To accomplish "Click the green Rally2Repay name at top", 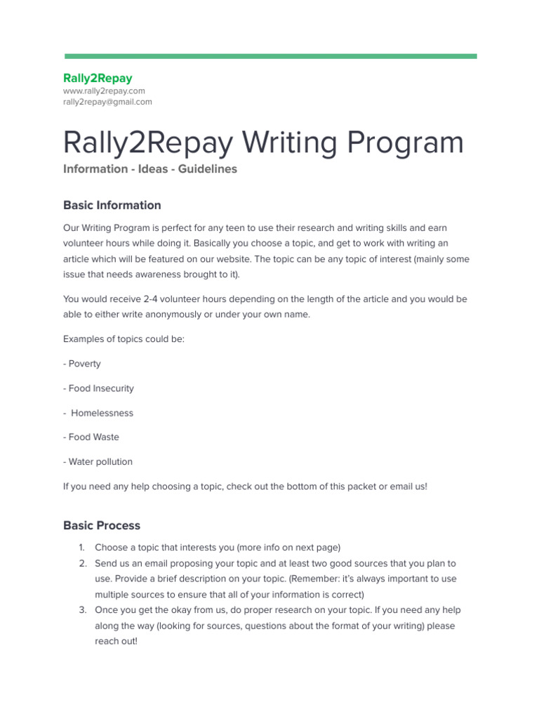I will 98,78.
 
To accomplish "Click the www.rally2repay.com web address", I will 104,91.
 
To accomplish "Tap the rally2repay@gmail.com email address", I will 107,102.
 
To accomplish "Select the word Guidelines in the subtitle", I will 207,169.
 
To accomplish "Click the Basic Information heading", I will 112,205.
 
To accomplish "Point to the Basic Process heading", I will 102,525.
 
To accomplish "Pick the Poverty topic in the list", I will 84,364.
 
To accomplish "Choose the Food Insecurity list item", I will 100,388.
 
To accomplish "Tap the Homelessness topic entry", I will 102,413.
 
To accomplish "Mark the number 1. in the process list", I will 81,547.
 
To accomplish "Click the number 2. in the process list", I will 82,563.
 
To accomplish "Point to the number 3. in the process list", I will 82,610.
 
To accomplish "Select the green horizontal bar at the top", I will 270,56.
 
